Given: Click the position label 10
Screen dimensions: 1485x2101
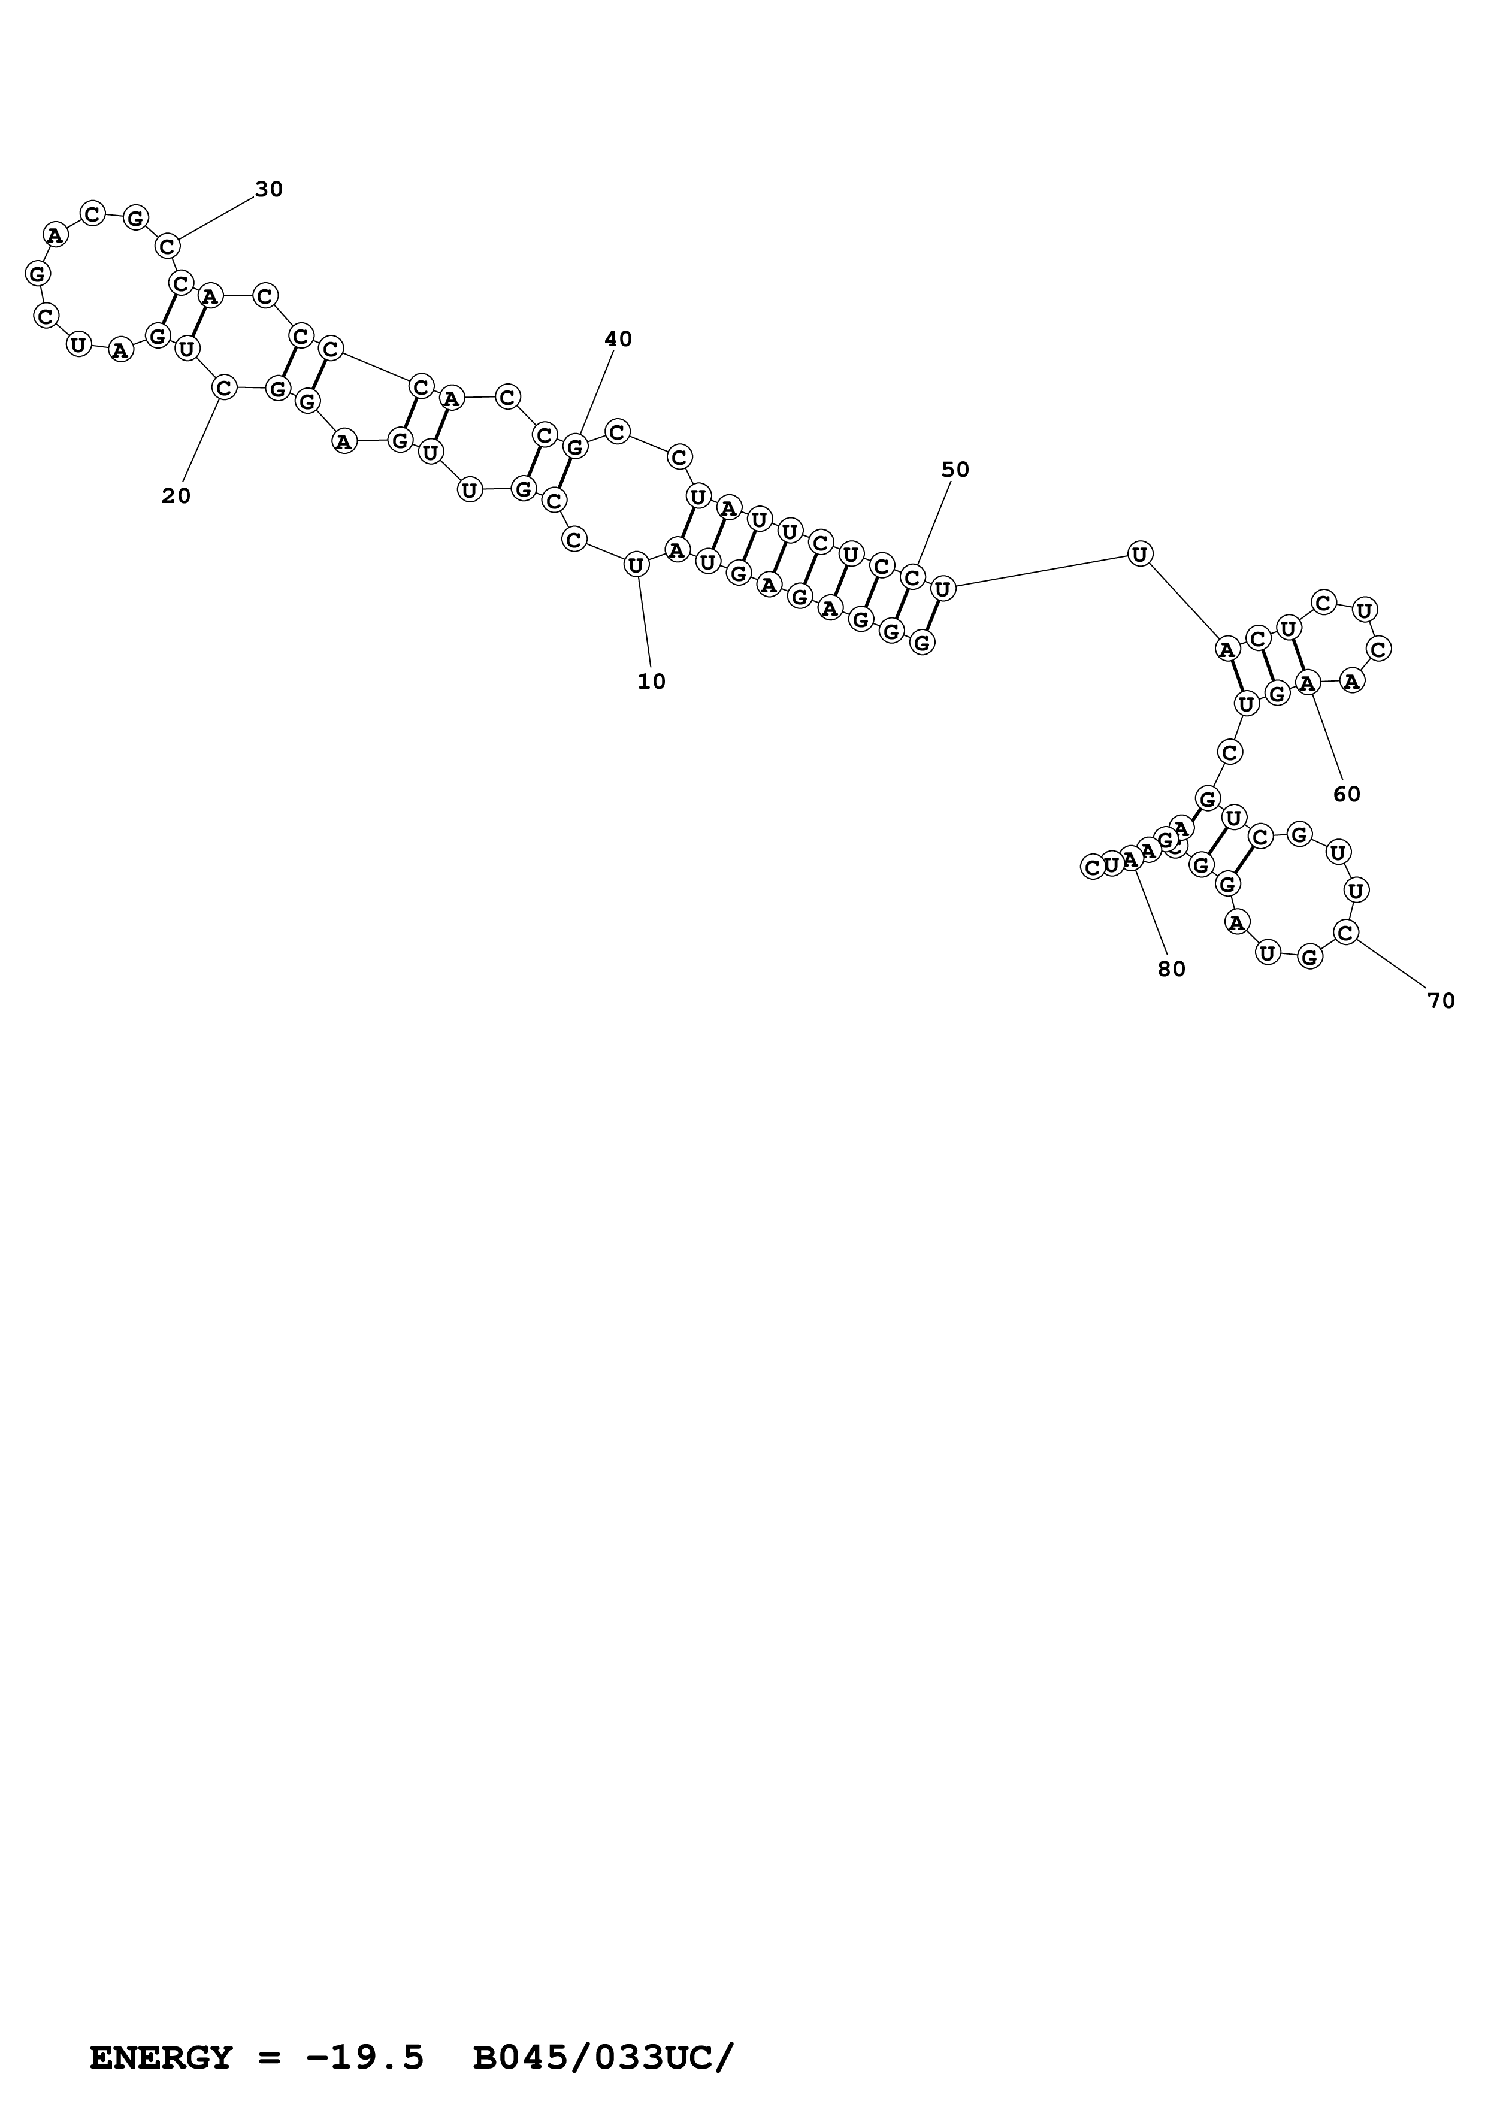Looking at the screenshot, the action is (x=652, y=682).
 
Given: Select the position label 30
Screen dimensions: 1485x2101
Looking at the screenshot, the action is (x=269, y=189).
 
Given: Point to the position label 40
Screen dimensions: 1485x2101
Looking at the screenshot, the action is (x=619, y=340).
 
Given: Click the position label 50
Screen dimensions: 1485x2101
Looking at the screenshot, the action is (x=955, y=470).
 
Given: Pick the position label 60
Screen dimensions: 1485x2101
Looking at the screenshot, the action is (x=1347, y=794).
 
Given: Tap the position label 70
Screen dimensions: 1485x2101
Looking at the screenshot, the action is (x=1441, y=1002).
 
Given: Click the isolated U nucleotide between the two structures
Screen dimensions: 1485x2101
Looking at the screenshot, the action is (x=1139, y=553).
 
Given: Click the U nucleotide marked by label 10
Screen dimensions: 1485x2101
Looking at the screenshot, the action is (x=636, y=565).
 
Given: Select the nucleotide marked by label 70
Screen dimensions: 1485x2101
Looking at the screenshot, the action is (x=1345, y=933).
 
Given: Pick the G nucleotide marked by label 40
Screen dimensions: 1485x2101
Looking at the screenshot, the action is (x=574, y=447).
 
